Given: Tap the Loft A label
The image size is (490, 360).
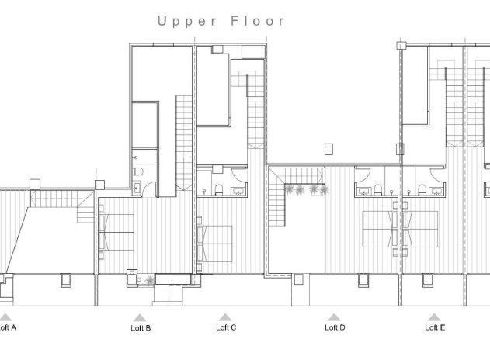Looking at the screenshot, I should tap(7, 327).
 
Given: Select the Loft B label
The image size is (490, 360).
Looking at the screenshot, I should tap(141, 328).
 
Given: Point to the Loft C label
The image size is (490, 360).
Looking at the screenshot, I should tap(225, 327).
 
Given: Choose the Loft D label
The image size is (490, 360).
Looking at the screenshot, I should tap(335, 327).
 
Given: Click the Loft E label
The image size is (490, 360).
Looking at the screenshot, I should tap(435, 327).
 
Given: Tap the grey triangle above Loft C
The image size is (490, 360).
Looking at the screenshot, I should tap(225, 317).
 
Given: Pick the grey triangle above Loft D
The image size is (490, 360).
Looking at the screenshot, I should tap(335, 317).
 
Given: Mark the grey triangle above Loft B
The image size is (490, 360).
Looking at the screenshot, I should tap(140, 317).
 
